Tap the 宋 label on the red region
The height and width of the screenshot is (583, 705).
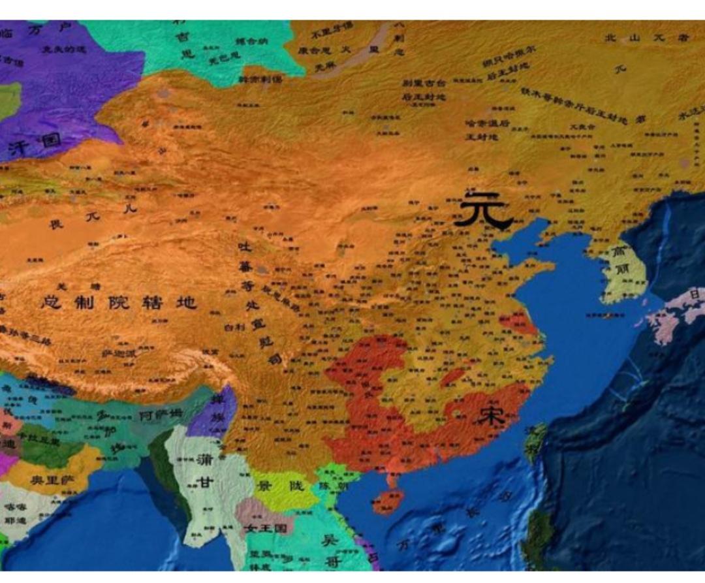(490, 416)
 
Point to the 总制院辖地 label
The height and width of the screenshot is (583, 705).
(118, 302)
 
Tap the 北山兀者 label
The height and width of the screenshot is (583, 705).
(646, 38)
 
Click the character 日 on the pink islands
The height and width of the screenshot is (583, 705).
(695, 295)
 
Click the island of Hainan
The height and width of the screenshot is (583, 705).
(386, 501)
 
